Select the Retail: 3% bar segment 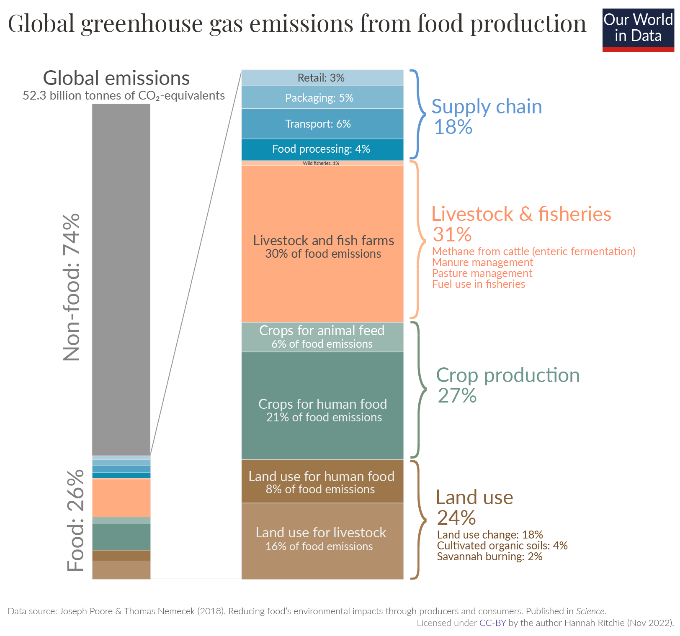coord(322,78)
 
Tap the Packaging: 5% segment coord(322,97)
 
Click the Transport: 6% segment coord(322,124)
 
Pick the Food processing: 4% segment coord(322,149)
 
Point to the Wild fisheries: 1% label coord(321,163)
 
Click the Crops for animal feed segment coord(322,337)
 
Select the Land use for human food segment coord(322,482)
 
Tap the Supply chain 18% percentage coord(453,127)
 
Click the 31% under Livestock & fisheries coord(452,235)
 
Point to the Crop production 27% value coord(457,395)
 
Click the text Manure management coord(482,262)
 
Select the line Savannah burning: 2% coord(489,556)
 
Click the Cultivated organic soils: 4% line coord(502,546)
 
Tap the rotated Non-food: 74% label coord(72,287)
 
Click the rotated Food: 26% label coord(76,521)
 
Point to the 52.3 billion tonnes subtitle coord(124,96)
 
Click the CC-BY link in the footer coord(492,623)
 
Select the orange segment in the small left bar coord(121,498)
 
